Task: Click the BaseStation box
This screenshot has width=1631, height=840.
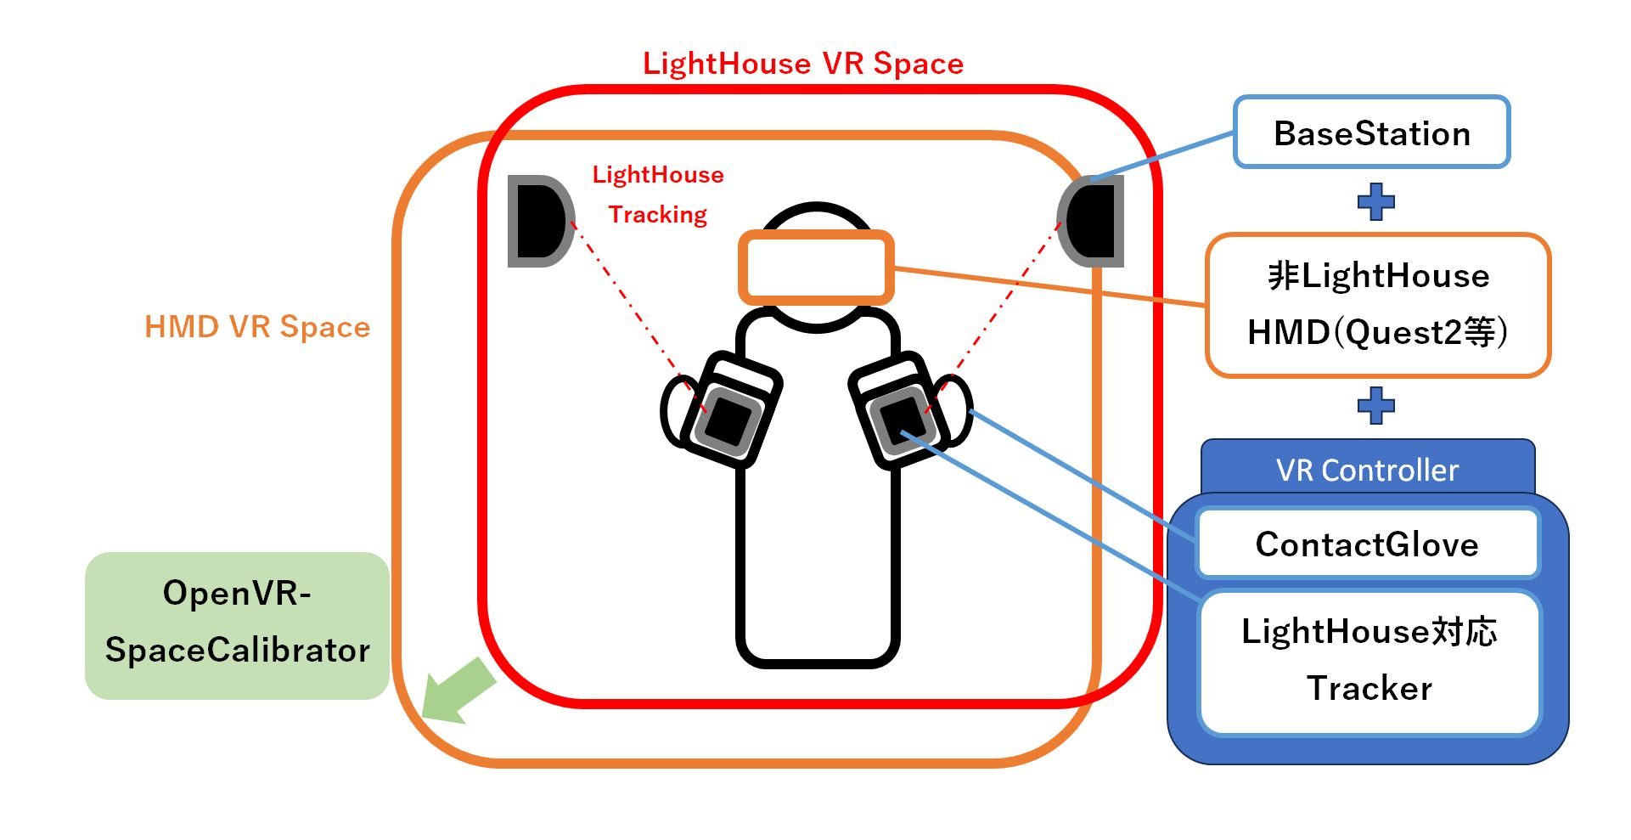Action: (1371, 132)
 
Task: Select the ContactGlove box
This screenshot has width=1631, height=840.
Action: (1367, 544)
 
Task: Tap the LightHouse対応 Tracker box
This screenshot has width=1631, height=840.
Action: (1369, 661)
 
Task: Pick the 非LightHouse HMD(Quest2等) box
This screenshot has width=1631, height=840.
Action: (1377, 304)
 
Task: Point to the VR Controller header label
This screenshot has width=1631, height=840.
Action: (1367, 470)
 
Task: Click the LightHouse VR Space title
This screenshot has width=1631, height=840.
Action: (802, 64)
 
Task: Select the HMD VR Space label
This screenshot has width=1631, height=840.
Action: (257, 327)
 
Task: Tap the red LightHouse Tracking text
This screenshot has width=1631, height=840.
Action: (658, 194)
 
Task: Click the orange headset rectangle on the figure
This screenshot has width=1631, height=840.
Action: (816, 267)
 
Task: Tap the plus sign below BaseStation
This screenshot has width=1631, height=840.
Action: (1375, 201)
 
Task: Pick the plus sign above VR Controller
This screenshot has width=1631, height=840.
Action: (1375, 405)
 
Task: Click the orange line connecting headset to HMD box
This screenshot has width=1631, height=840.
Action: (1049, 286)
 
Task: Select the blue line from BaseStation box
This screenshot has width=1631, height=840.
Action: (1163, 155)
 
